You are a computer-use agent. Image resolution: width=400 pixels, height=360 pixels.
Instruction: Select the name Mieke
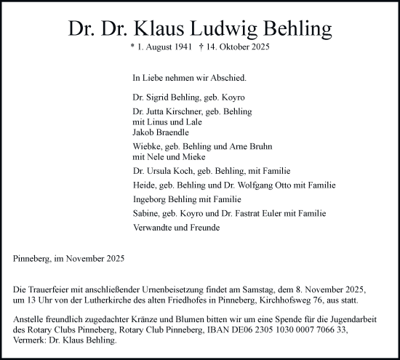click(x=195, y=156)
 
